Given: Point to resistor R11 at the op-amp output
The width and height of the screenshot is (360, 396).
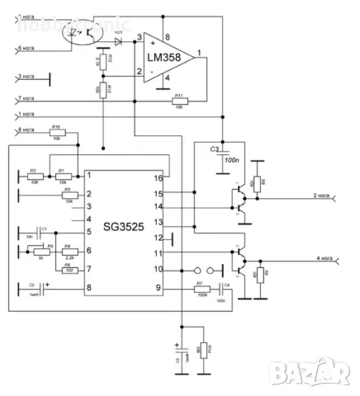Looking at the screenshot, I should (178, 101).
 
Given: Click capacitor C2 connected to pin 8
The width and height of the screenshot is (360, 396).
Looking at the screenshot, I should (32, 288).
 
